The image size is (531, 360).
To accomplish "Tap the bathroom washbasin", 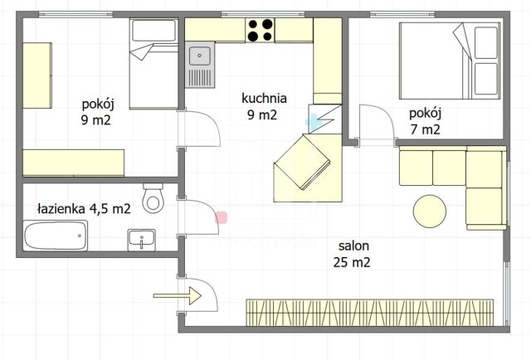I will [x=142, y=240].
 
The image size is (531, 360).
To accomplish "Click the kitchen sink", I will [x=200, y=56].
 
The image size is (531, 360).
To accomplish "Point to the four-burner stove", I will [x=261, y=30].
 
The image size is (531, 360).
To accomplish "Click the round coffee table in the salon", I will [x=431, y=211].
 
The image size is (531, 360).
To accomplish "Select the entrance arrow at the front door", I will [x=178, y=294].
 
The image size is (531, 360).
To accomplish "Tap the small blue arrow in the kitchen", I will [x=314, y=122].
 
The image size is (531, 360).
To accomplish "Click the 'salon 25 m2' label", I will [x=353, y=254].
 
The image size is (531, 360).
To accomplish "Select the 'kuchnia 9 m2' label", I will [x=260, y=106].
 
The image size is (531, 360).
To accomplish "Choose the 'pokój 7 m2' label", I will [x=425, y=121].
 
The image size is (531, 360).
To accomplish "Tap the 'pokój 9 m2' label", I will [x=97, y=112].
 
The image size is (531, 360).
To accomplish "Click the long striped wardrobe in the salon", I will [x=370, y=313].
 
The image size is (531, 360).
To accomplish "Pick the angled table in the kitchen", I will [x=306, y=165].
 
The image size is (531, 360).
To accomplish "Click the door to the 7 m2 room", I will [x=378, y=125].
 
